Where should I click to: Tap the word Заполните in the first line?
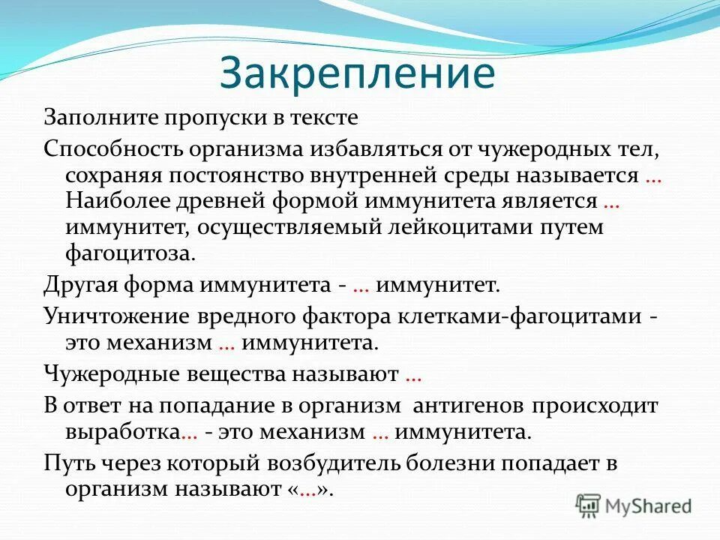click(94, 118)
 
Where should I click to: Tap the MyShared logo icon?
click(589, 505)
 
